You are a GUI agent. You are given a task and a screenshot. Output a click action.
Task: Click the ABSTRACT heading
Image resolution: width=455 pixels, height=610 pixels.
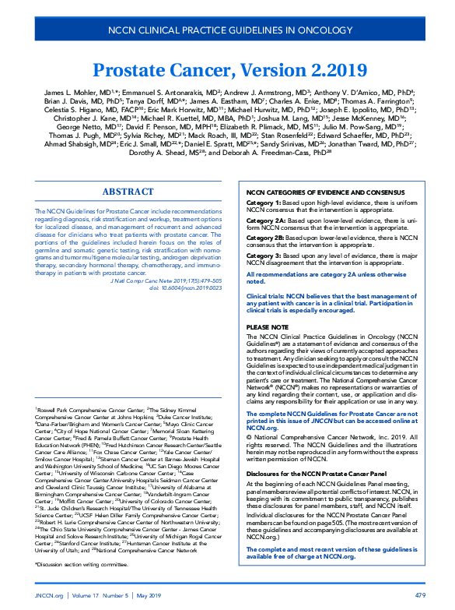point(128,191)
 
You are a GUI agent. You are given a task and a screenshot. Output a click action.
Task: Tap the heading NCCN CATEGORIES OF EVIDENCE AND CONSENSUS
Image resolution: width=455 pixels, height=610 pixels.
point(325,192)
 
